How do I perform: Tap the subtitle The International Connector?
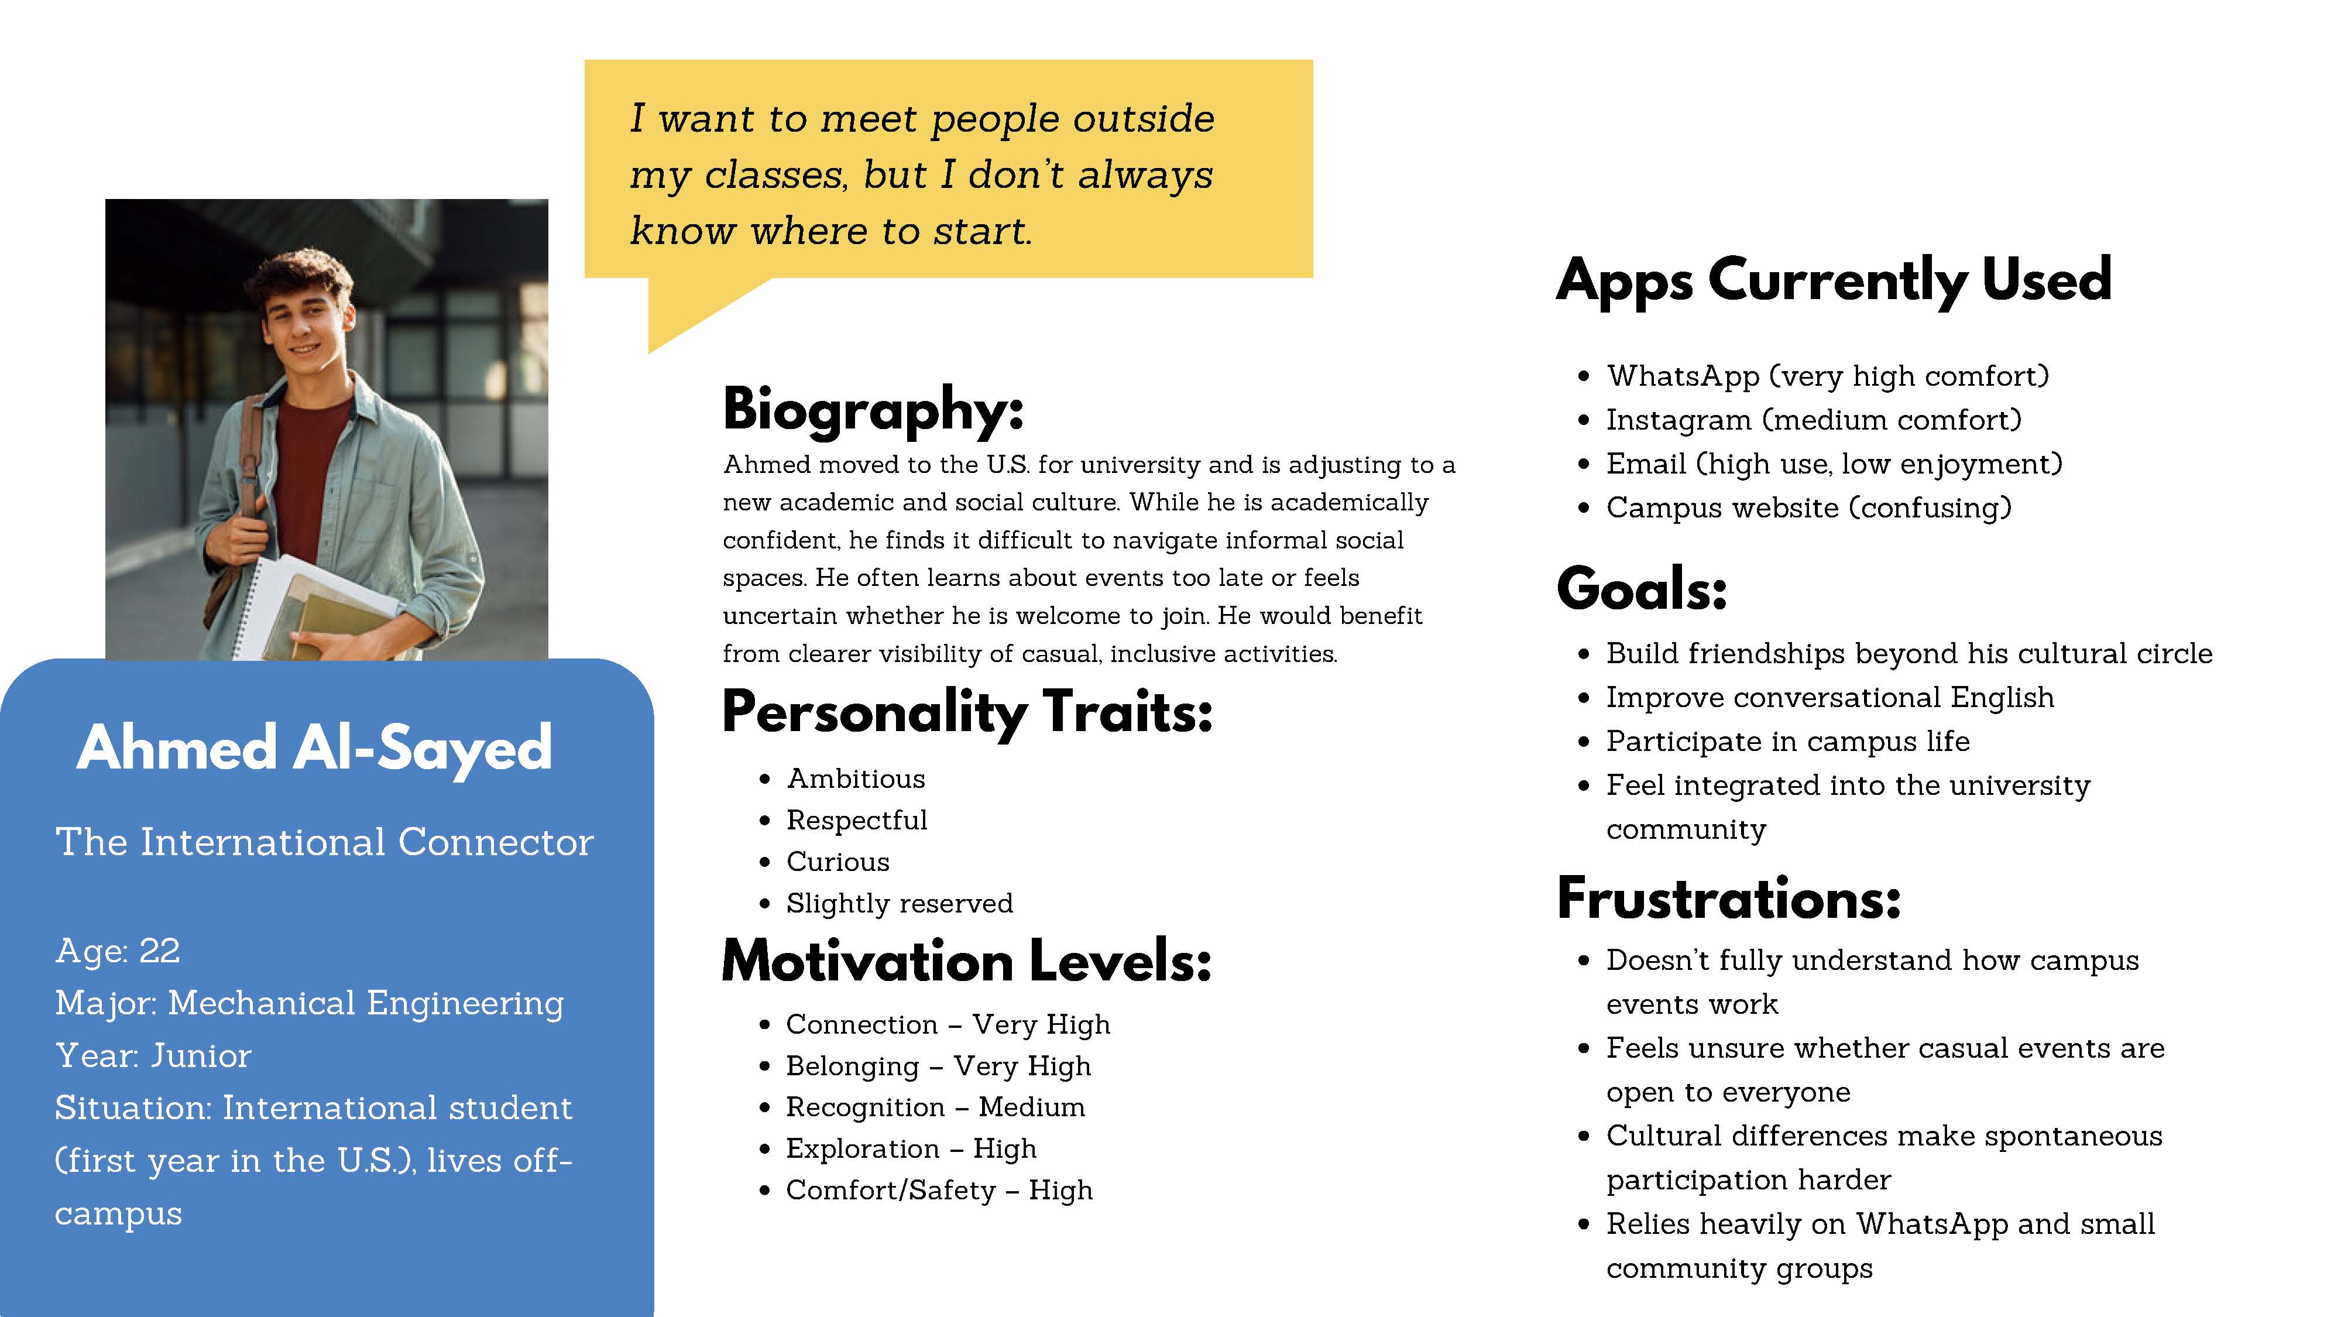tap(324, 842)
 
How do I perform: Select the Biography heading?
tap(873, 410)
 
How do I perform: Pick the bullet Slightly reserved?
tap(899, 903)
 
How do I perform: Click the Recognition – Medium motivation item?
tap(935, 1107)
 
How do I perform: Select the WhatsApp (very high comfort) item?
tap(1828, 375)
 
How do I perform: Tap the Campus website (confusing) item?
tap(1808, 507)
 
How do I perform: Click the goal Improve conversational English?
tap(1829, 697)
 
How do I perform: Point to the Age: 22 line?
tap(117, 951)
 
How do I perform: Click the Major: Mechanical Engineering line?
tap(309, 1003)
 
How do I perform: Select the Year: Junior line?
tap(153, 1055)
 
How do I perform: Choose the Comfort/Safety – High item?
tap(939, 1190)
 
